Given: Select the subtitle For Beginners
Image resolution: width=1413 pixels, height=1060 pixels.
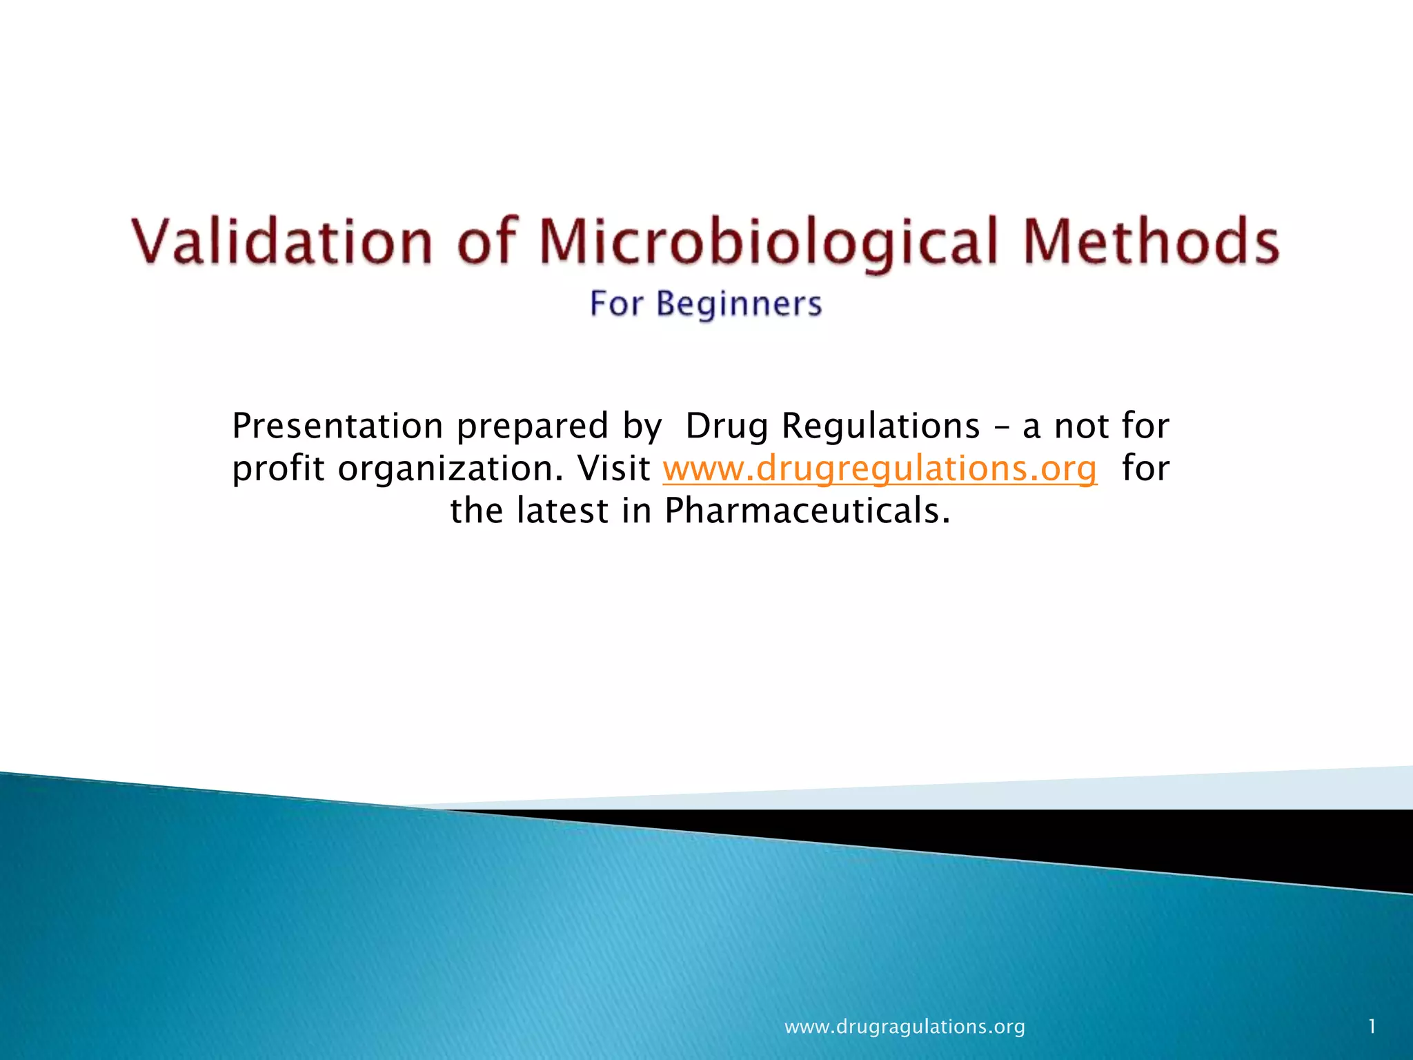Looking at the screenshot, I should coord(706,304).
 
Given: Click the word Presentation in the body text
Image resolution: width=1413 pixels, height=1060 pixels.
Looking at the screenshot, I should coord(337,426).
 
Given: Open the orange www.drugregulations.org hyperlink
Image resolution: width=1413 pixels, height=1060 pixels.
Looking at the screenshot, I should coord(880,469).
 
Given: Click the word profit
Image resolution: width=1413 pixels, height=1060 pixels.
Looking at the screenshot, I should coord(278,469).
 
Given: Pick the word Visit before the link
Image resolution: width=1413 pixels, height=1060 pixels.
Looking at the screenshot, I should coord(614,468).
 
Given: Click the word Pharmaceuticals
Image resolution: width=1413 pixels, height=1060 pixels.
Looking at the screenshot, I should coord(807,511).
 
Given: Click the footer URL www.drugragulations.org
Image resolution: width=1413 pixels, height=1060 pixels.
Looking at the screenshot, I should coord(905,1027).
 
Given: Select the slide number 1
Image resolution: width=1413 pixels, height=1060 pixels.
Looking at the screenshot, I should coord(1372,1027).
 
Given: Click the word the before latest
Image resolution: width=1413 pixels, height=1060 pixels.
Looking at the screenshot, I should coord(477,511).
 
